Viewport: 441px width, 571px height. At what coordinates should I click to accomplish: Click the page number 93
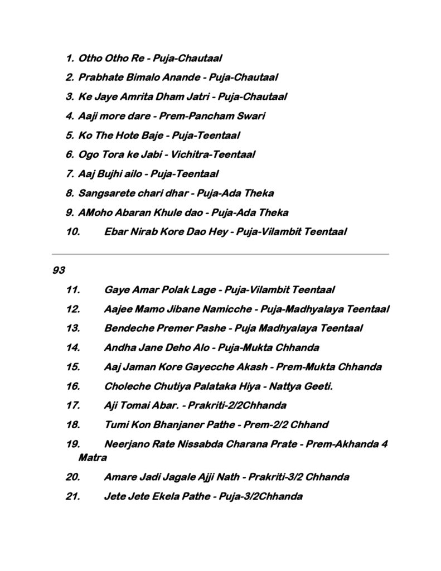tap(59, 270)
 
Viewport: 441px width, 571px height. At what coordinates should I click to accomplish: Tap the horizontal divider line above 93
tap(220, 254)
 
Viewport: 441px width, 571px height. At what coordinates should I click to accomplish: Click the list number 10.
tap(73, 231)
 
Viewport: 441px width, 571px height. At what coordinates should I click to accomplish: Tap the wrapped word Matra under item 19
tap(93, 458)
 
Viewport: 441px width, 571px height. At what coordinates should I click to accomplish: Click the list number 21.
tap(73, 496)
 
